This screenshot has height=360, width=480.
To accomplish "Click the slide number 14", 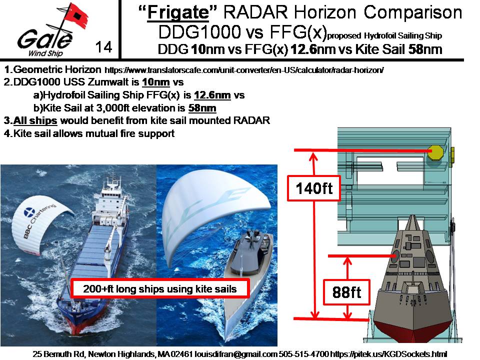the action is tap(103, 47).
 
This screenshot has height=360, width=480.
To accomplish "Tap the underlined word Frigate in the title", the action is tap(178, 12).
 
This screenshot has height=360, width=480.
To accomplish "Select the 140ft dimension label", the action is tap(314, 188).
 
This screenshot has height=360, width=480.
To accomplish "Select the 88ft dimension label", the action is tap(346, 292).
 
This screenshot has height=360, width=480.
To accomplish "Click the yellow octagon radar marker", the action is tap(435, 152).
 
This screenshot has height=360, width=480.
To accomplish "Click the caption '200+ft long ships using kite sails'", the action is tap(160, 288).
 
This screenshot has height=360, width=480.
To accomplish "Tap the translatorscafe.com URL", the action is tap(244, 70).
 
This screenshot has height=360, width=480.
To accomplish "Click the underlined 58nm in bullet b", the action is tap(202, 108).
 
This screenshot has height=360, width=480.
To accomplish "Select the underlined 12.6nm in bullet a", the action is tap(212, 95).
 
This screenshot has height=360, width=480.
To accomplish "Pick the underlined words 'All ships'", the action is tap(35, 120).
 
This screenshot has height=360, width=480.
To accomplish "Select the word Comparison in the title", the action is tap(413, 12).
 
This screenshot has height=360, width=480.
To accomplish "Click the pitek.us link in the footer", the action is tap(389, 354).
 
